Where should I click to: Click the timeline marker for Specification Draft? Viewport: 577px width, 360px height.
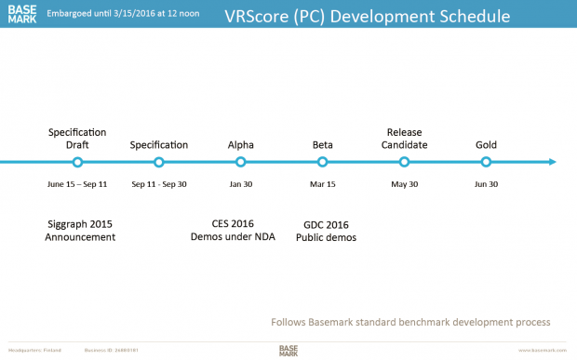pos(77,162)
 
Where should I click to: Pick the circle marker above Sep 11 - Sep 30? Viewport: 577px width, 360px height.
pos(159,162)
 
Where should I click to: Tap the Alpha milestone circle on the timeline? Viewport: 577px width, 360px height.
pos(241,162)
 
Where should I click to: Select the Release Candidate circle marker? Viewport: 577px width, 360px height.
pos(405,162)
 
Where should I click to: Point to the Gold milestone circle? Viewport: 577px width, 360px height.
pos(486,162)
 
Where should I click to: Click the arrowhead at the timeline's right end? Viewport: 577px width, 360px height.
pos(552,162)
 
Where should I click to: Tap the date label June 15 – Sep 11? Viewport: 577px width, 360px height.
pos(77,184)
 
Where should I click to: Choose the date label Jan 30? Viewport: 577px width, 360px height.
pos(241,184)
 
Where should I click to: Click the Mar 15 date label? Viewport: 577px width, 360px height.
pos(323,184)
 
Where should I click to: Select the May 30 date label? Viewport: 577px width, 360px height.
pos(405,184)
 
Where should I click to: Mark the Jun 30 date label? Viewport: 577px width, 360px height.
pos(486,184)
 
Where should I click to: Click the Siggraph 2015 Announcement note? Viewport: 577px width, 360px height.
pos(80,231)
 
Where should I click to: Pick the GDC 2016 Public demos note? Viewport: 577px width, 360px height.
pos(327,231)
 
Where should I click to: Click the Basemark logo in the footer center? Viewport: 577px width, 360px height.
pos(288,350)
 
